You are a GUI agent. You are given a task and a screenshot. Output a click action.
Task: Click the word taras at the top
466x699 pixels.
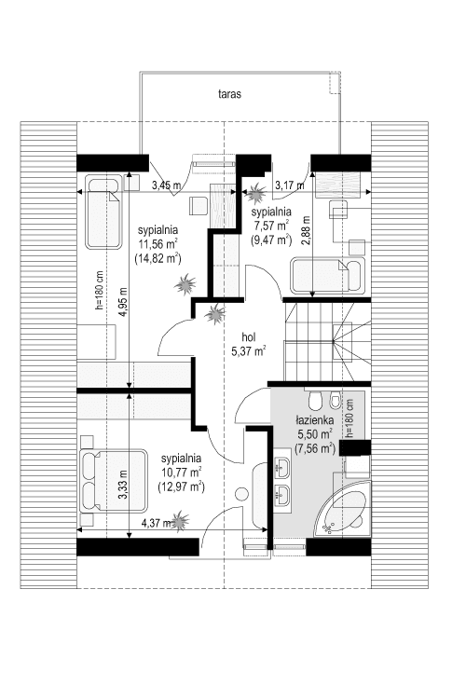pos(231,95)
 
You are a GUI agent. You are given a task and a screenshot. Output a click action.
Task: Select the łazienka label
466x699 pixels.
pos(316,420)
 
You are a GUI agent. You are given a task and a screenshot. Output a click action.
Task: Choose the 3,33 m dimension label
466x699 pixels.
pos(123,489)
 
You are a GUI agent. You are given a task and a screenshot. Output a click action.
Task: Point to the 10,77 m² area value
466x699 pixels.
pos(181,472)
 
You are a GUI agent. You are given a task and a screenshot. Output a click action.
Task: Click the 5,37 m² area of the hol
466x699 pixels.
pos(248,351)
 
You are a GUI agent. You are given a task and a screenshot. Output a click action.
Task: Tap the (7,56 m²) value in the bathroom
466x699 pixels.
pos(316,448)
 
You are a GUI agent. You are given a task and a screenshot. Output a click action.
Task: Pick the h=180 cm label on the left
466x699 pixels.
pos(96,297)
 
